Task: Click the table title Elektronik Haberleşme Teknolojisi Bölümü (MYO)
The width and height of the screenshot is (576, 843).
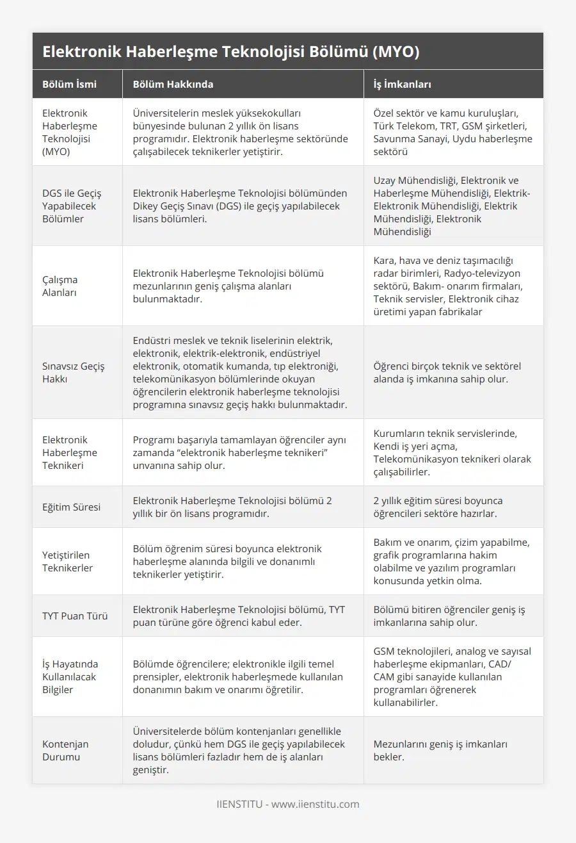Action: pos(231,52)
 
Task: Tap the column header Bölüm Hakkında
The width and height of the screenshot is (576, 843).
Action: pos(173,84)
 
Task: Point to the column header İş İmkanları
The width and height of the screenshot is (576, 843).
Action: pos(403,84)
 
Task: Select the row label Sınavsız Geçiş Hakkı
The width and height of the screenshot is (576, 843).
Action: pos(74,372)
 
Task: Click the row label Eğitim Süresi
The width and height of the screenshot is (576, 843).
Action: pos(71,507)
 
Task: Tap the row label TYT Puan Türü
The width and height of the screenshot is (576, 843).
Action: pos(75,616)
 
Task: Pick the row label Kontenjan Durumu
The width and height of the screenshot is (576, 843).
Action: pos(65,750)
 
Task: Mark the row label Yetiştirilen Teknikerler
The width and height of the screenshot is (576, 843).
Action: pos(67,561)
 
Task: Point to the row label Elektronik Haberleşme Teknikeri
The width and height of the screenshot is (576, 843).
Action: pos(70,452)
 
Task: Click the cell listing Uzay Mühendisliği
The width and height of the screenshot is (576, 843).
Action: pos(452,206)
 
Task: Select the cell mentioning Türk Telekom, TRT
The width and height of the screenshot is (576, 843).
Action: pos(452,132)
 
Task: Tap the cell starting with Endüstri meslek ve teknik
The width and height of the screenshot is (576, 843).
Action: pos(241,372)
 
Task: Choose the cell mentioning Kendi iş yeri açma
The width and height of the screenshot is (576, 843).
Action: pos(452,452)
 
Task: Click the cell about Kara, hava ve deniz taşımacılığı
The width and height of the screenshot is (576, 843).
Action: pos(452,286)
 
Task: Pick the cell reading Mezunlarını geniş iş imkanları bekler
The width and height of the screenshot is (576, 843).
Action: pos(440,750)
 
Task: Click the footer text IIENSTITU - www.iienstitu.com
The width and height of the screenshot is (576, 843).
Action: pos(288,804)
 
